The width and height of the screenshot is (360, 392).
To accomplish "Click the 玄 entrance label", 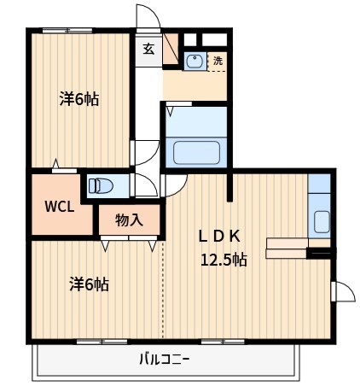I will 148,49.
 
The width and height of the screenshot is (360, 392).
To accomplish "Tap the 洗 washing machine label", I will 218,61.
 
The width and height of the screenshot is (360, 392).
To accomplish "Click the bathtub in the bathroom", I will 197,153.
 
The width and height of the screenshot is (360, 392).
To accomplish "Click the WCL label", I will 59,206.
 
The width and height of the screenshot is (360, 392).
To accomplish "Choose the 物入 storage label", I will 129,220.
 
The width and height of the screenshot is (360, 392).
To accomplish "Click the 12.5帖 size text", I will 224,260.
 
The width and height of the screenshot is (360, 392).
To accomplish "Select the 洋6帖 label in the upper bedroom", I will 78,99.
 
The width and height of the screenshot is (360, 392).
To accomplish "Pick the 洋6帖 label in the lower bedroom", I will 89,284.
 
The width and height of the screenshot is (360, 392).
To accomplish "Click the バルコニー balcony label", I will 165,359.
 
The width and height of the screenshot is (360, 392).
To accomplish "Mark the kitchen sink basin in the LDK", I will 322,220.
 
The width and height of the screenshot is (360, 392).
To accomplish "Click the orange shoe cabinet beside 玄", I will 171,48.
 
